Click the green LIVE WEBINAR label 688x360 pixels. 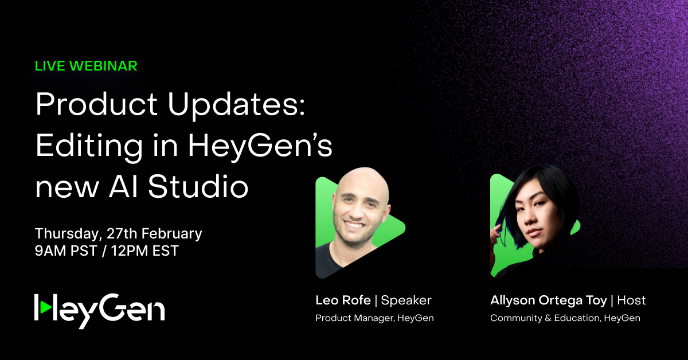point(86,66)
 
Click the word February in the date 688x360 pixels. point(171,234)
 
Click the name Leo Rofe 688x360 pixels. point(342,300)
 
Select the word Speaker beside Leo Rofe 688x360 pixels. point(406,300)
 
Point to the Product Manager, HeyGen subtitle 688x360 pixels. point(374,318)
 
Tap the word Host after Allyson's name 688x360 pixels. point(632,300)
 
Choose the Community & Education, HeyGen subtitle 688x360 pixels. point(565,318)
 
